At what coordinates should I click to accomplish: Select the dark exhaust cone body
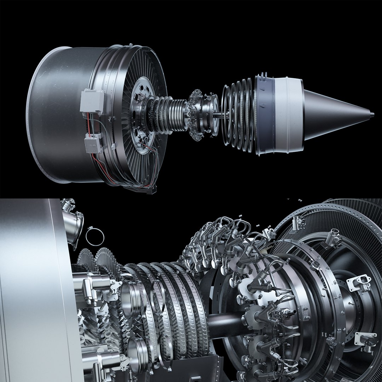pos(332,114)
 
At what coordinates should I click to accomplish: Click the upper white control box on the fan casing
pos(92,100)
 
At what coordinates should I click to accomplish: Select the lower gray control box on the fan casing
pos(93,144)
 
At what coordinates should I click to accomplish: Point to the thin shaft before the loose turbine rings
pos(217,114)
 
